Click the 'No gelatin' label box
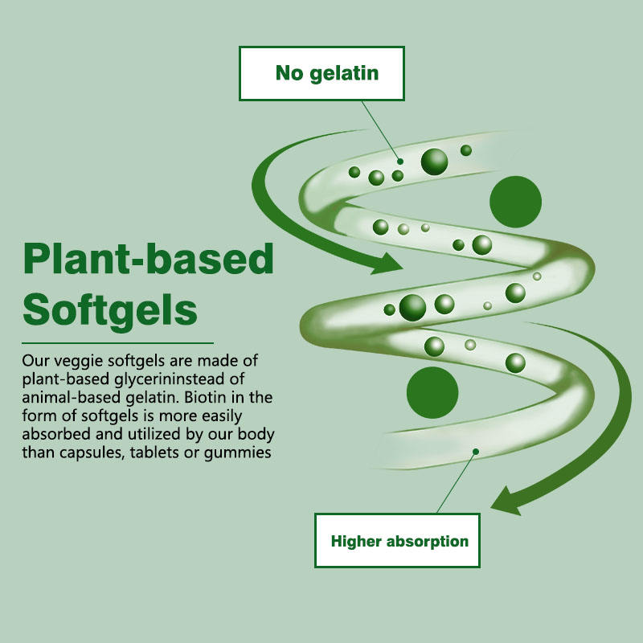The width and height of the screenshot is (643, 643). tap(321, 74)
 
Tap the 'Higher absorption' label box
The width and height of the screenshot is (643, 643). tap(399, 541)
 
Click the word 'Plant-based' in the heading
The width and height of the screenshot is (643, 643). tap(149, 259)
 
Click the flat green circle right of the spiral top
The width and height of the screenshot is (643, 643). tap(515, 202)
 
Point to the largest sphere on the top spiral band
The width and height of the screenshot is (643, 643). tap(435, 162)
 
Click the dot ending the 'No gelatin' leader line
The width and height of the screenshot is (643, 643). tap(400, 162)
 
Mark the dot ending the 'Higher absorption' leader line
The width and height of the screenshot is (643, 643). tap(476, 451)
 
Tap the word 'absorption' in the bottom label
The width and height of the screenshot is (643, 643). tap(427, 541)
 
